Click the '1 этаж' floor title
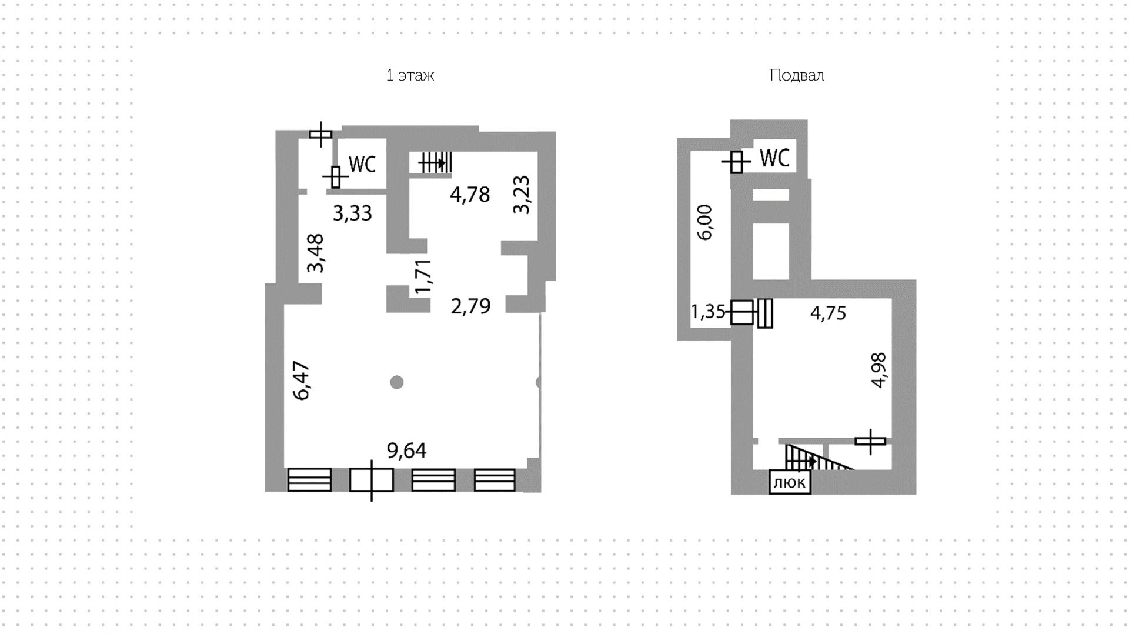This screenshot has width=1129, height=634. (410, 75)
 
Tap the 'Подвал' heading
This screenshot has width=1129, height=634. (797, 75)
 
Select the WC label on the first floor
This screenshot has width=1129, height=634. (362, 164)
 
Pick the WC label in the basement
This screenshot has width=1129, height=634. (775, 158)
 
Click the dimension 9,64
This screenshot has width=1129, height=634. (406, 451)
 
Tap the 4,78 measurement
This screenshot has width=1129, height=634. (470, 195)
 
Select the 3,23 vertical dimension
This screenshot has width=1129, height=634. (522, 195)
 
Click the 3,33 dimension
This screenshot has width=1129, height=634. (352, 213)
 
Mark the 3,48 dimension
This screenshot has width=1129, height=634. (316, 253)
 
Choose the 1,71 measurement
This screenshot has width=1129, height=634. (423, 276)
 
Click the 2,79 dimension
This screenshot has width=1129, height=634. (470, 306)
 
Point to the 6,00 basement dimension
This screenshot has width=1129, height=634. (704, 222)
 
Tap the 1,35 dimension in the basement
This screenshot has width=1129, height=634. (708, 311)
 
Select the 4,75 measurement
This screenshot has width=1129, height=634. (828, 312)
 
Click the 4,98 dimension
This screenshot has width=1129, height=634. (879, 370)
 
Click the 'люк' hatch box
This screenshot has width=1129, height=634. (790, 482)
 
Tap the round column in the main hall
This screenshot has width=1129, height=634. (397, 382)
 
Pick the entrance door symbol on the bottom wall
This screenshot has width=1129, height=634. (371, 480)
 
